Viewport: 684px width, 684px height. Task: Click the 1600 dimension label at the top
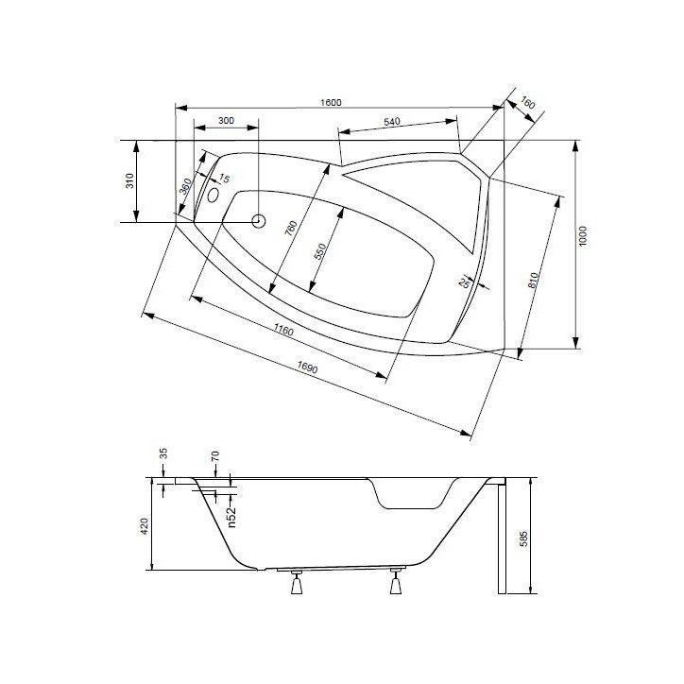(x=330, y=102)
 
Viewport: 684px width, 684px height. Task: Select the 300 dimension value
(x=226, y=121)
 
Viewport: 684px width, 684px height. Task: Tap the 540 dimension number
(x=393, y=121)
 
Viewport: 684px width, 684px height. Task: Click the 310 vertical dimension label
(x=129, y=180)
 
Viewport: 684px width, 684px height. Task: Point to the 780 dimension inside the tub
(x=292, y=231)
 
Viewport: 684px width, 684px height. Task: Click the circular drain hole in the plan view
(x=258, y=220)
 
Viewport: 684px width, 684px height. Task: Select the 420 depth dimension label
(x=144, y=525)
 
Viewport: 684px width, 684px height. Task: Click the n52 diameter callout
(x=230, y=518)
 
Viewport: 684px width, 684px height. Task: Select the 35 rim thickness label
(x=162, y=454)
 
